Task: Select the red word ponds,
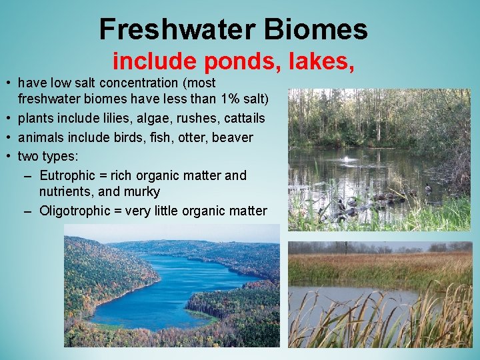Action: (x=245, y=61)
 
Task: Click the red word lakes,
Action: (x=321, y=61)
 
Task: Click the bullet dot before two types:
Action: (x=9, y=157)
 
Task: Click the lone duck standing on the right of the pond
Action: (x=427, y=189)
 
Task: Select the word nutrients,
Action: (x=64, y=192)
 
